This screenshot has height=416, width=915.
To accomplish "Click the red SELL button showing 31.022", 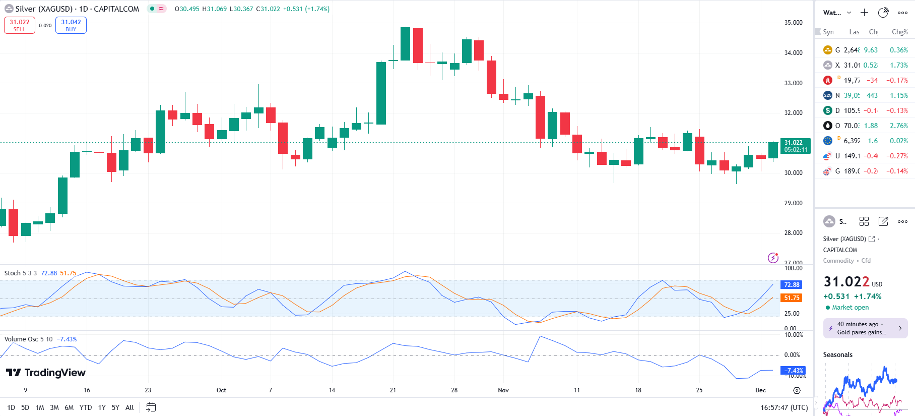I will [20, 25].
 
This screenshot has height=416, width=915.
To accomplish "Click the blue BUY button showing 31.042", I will [71, 25].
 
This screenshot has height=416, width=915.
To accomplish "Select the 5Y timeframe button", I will [115, 407].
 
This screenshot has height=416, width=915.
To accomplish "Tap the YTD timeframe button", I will [86, 407].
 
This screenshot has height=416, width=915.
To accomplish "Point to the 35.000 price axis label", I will [793, 23].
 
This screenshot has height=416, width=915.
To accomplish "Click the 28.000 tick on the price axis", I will [793, 233].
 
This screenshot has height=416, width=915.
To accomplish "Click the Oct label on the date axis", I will [221, 390].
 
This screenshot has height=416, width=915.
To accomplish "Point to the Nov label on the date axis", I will [503, 390].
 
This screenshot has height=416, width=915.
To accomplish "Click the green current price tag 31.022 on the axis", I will [796, 146].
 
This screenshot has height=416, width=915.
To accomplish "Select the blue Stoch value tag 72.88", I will [792, 285].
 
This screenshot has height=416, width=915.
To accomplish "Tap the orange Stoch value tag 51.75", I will [792, 298].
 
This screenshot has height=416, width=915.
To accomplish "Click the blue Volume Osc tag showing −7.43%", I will [793, 371].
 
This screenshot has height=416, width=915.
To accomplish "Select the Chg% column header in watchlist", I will [899, 32].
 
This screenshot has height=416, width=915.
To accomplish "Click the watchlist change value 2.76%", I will [898, 126].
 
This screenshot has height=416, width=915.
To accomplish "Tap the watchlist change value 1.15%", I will [898, 95].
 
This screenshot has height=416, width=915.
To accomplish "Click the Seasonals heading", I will [838, 355].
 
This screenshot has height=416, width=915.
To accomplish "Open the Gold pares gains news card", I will [865, 328].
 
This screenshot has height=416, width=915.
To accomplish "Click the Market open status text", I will [850, 308].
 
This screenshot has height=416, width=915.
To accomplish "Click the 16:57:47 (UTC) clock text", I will [784, 407].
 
